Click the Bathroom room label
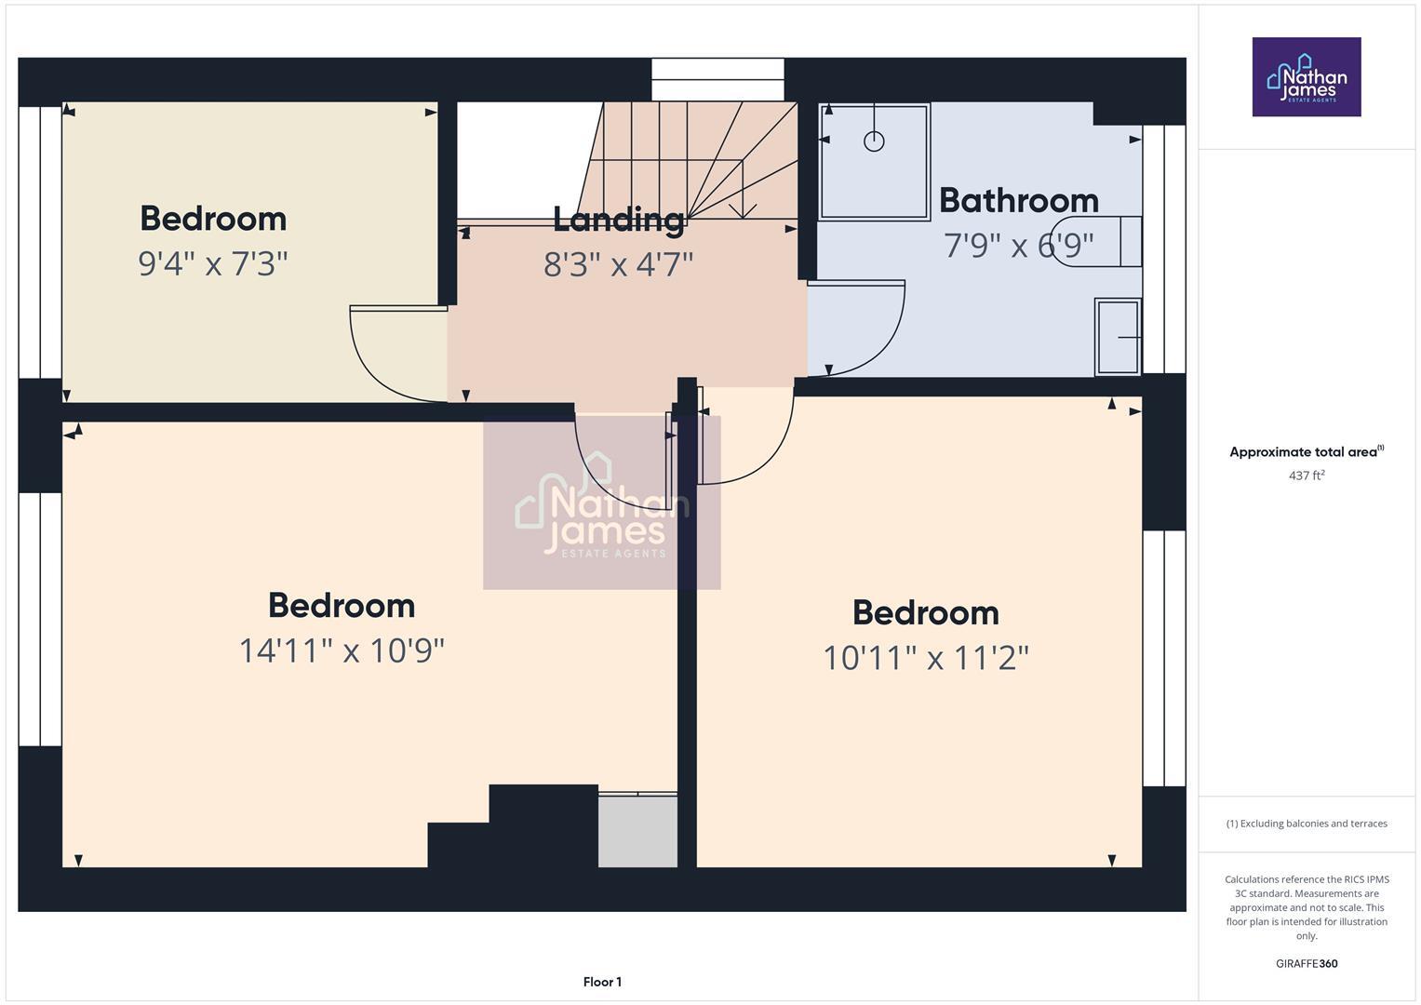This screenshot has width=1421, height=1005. pos(1018,200)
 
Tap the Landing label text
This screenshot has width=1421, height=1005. pos(618,220)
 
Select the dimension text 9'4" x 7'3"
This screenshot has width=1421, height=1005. pos(213,263)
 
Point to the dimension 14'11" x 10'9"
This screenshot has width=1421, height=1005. pos(342,650)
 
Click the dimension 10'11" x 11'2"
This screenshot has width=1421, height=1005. pos(925,658)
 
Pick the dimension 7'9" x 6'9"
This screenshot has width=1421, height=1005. pos(1018,246)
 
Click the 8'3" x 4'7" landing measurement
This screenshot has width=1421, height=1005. pos(618,264)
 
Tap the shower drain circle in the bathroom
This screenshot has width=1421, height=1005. pos(874,141)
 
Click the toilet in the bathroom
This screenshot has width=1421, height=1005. pos(1098,242)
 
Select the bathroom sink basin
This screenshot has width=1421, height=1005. pos(1119,336)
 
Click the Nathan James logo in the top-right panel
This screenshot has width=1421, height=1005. pos(1306,77)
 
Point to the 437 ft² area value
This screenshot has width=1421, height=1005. pos(1306,476)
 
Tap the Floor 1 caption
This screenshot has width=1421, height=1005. pos(602,982)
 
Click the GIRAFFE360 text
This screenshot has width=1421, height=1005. pos(1306,963)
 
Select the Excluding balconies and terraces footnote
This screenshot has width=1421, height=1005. pos(1306,824)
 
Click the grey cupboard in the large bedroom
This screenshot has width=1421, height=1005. pos(637,831)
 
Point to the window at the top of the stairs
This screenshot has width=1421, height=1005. pos(717,79)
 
